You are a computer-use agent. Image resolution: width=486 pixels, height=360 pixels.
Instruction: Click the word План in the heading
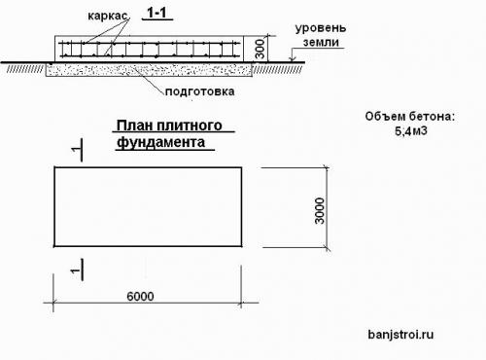tap(134, 126)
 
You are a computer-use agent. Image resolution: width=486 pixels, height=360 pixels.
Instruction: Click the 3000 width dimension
tap(320, 206)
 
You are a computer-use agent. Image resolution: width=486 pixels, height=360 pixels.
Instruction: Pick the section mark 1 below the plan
tap(75, 265)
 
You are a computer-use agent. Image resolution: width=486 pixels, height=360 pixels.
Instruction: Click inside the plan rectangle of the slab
tap(146, 206)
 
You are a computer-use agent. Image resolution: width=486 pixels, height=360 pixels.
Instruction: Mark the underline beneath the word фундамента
tap(165, 150)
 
